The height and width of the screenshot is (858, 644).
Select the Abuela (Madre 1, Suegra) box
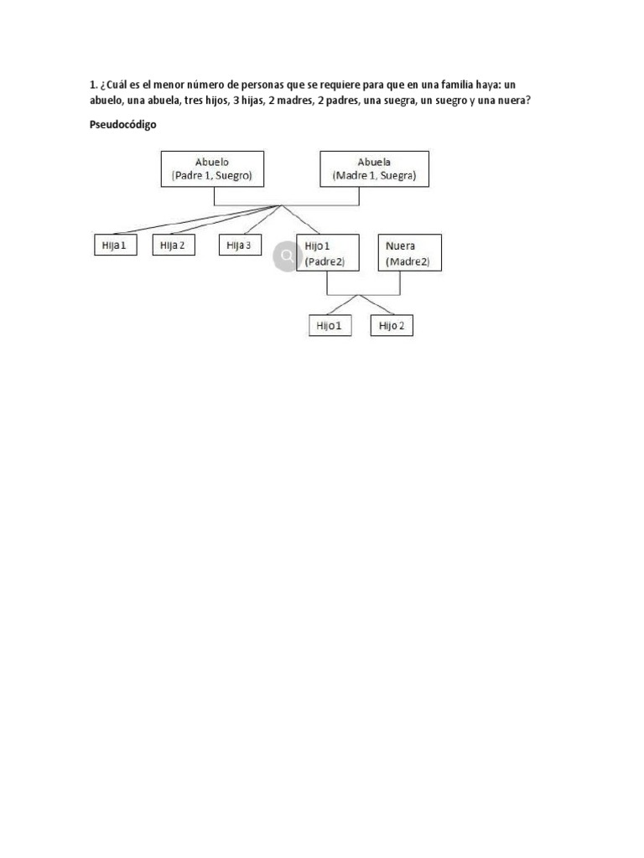pos(375,168)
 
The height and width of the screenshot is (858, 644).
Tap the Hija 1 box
pos(113,246)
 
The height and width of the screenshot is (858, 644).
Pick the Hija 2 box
pos(173,246)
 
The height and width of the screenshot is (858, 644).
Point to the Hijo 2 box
pos(392,326)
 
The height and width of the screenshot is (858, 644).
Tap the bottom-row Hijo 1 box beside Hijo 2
pos(329,326)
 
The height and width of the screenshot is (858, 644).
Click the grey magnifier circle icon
pos(287,256)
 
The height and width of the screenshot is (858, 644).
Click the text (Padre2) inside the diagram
pos(325,261)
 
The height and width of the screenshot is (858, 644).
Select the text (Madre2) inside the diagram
pos(408,261)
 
